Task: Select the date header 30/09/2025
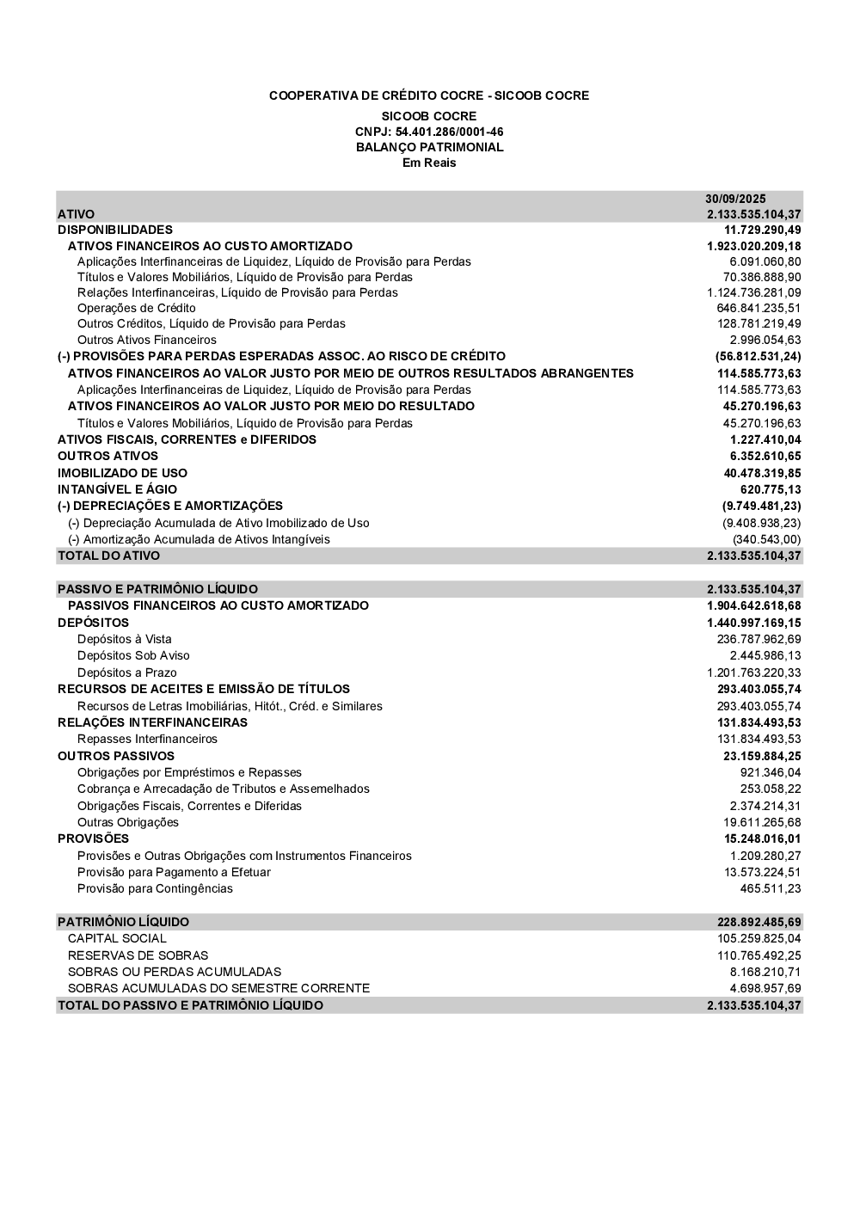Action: pos(735,199)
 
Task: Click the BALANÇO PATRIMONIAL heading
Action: pos(429,147)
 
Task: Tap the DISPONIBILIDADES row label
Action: pos(115,230)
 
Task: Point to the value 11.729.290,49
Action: pos(762,230)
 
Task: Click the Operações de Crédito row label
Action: pos(136,308)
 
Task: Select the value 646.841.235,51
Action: pos(759,308)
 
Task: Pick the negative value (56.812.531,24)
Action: pos(758,356)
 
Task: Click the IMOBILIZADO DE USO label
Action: pos(122,473)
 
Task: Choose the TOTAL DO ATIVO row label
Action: pos(108,556)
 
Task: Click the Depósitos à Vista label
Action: pos(124,639)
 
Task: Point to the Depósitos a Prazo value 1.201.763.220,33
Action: pos(754,672)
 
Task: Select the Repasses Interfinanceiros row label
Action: pos(147,739)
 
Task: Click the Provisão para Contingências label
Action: pos(155,888)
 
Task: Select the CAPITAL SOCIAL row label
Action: pos(117,938)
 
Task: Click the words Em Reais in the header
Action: pos(429,163)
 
